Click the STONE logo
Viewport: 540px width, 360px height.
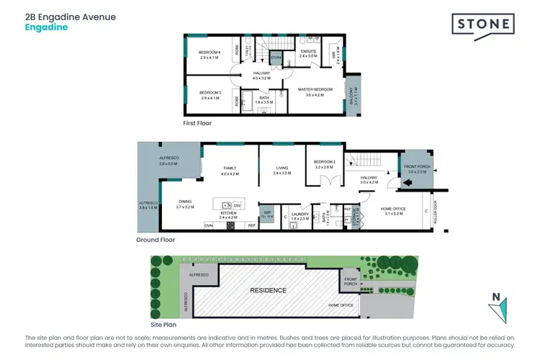483,24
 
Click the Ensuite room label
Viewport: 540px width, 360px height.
307,50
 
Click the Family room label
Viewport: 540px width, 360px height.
230,170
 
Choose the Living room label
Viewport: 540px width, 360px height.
282,171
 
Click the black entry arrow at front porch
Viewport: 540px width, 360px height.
408,183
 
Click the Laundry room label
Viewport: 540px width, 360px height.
301,215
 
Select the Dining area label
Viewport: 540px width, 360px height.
184,204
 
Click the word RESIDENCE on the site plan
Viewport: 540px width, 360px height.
268,290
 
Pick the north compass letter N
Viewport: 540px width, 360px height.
495,295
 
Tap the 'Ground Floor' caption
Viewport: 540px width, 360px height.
156,240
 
